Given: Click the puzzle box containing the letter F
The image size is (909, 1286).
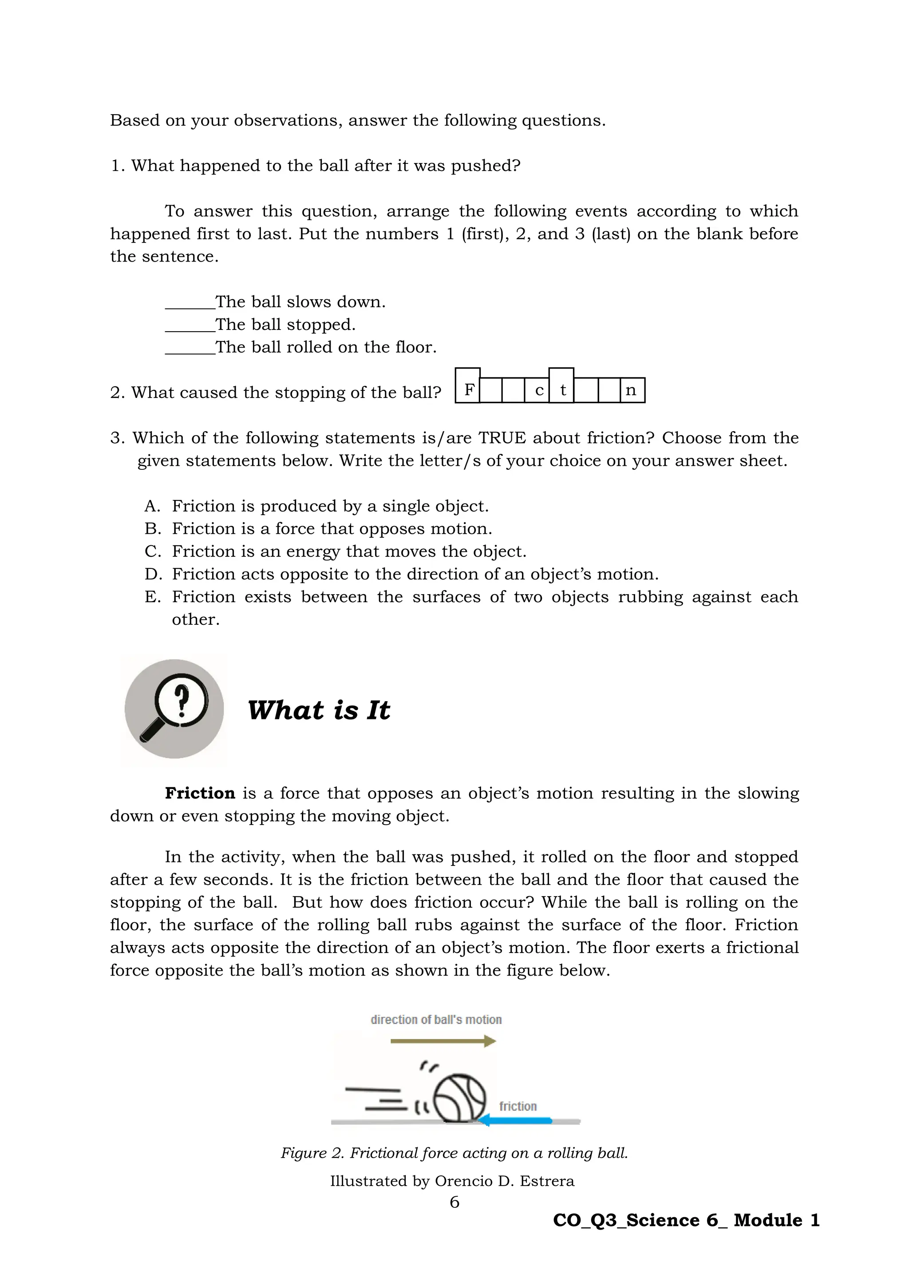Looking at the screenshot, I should tap(468, 386).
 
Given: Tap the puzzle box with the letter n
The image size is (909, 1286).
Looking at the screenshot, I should tap(632, 390).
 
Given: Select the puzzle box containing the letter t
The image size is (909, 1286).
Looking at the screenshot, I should tap(561, 386).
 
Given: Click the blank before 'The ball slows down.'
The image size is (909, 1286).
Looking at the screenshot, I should tap(190, 303).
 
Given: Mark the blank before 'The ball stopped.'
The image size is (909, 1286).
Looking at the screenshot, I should tap(190, 326).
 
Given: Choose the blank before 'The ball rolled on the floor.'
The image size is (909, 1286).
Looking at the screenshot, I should tap(190, 349).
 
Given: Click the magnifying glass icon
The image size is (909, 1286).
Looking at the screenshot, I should tap(174, 709).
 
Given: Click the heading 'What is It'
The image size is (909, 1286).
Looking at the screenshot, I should tap(319, 710).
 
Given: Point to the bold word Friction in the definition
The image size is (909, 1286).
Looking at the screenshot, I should tap(200, 793).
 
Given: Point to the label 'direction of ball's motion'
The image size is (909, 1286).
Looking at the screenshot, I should tap(436, 1020).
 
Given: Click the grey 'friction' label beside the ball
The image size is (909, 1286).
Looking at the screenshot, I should tap(518, 1106).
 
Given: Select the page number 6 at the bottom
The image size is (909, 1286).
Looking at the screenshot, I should tap(454, 1202).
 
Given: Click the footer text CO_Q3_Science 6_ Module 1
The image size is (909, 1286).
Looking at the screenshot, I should tap(686, 1220).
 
